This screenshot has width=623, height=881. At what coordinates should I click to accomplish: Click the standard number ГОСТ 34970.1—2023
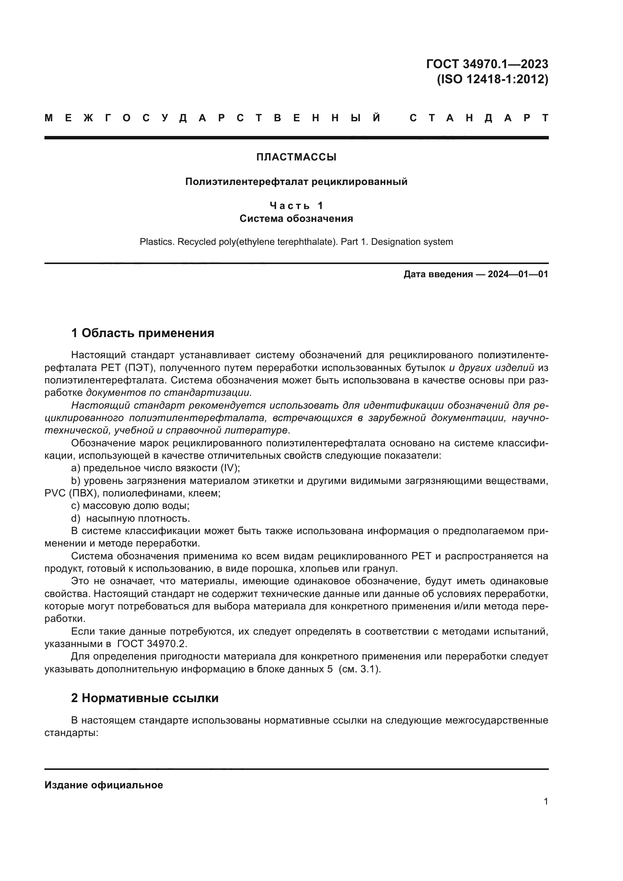click(487, 64)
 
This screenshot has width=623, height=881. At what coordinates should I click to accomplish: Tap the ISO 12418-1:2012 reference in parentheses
click(493, 79)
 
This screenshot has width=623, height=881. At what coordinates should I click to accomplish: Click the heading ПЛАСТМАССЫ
click(296, 157)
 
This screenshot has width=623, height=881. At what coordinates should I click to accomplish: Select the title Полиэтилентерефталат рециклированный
click(296, 182)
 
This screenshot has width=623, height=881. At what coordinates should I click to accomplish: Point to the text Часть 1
click(296, 206)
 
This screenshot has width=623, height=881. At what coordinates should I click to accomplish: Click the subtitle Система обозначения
click(296, 219)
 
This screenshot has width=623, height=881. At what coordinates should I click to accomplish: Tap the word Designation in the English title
click(393, 242)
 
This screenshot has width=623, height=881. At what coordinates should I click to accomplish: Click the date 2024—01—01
click(518, 274)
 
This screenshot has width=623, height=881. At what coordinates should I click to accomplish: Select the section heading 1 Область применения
click(142, 333)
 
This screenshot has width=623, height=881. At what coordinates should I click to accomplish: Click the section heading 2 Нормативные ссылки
click(145, 698)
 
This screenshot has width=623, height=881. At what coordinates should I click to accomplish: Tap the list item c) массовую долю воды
click(130, 506)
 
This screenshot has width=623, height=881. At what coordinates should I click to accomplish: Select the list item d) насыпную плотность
click(130, 518)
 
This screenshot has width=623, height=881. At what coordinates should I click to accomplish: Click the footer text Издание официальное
click(104, 785)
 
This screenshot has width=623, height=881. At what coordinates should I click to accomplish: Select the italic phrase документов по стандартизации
click(169, 393)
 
